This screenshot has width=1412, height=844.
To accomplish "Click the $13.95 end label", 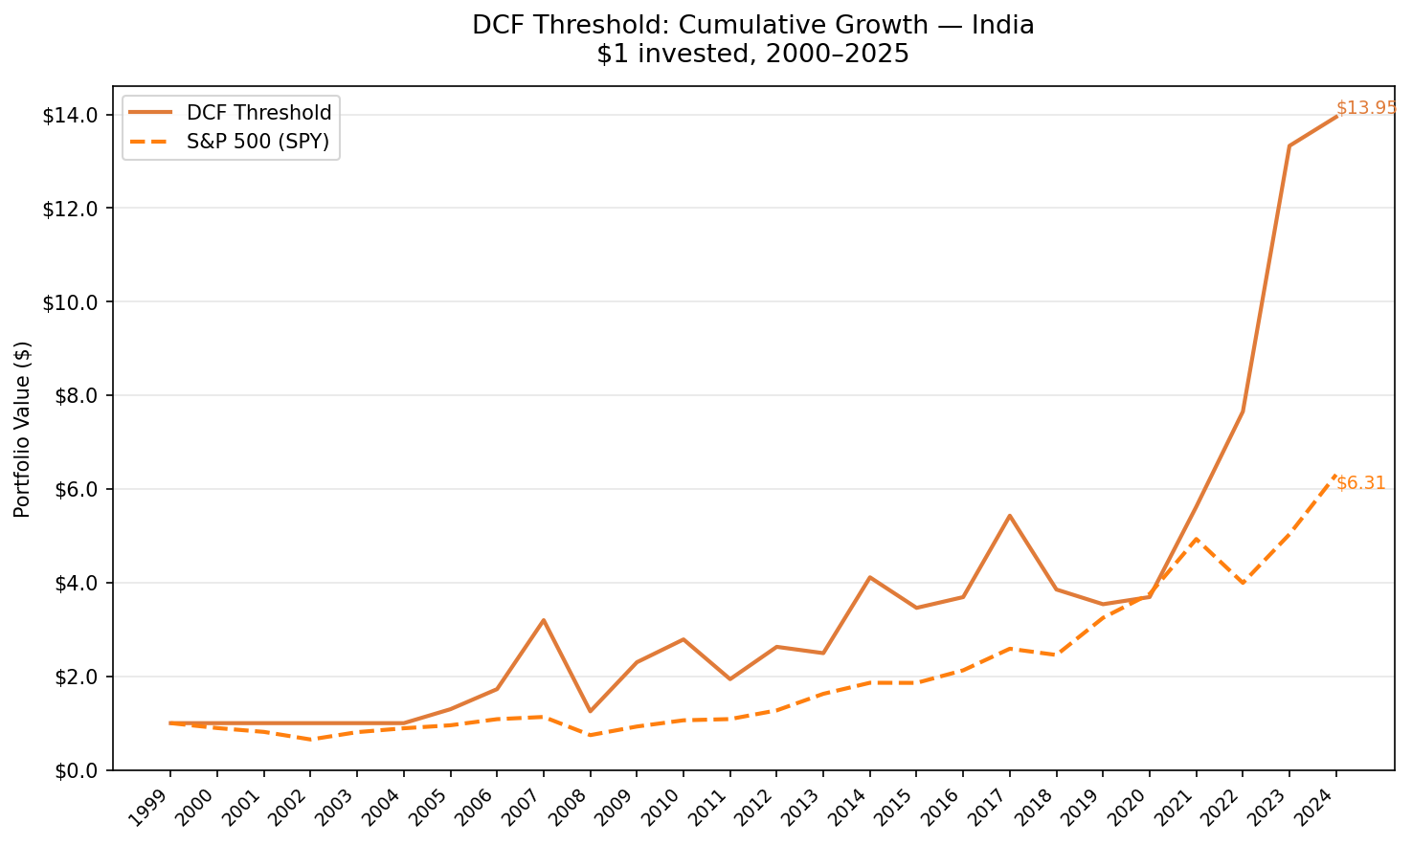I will [x=1366, y=108].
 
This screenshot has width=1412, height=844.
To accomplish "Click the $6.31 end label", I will [x=1360, y=483].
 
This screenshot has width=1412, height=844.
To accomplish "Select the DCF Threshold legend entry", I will [x=258, y=113].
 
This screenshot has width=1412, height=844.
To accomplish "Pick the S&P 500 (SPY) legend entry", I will [x=258, y=142].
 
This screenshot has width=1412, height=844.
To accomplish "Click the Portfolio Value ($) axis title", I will [x=23, y=429].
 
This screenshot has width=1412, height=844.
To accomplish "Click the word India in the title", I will [x=1002, y=25].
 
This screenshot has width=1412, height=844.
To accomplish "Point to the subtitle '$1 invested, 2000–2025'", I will [x=752, y=55].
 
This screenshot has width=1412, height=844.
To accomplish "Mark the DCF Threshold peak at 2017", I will [x=1009, y=516].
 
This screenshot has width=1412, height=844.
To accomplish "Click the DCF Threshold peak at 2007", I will [x=543, y=620].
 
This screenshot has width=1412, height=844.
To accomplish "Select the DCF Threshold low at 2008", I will [x=590, y=711].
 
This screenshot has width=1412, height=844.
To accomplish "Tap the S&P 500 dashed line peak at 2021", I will [x=1196, y=539].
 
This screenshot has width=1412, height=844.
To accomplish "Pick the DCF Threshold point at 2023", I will [x=1289, y=146].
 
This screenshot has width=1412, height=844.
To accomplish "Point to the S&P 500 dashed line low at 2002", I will [x=310, y=740].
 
